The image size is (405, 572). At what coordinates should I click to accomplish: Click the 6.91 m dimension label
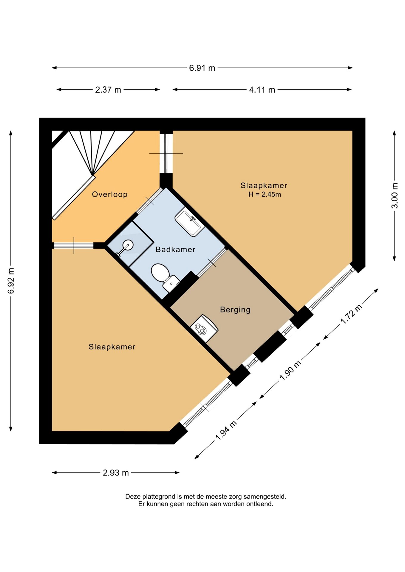click(x=202, y=68)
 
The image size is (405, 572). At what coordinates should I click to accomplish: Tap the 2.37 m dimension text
click(x=108, y=90)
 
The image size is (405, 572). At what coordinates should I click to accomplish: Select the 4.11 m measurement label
click(x=262, y=90)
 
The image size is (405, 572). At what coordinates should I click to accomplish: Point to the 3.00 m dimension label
click(x=395, y=195)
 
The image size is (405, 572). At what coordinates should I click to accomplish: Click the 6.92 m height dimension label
click(x=11, y=281)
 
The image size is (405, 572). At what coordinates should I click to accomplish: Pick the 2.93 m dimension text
click(x=116, y=473)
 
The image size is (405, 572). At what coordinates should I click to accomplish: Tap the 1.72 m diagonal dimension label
click(x=351, y=314)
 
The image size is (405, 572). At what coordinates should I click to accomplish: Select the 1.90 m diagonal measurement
click(x=290, y=371)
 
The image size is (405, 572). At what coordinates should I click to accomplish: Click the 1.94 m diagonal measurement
click(x=226, y=430)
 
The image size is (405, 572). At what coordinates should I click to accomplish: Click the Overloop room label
click(x=110, y=194)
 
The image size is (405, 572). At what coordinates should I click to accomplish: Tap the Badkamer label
click(x=175, y=249)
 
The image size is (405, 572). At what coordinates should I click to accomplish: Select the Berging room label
click(x=235, y=310)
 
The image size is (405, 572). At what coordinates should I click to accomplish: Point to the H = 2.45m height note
click(x=265, y=195)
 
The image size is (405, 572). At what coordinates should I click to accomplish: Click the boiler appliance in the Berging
click(x=204, y=328)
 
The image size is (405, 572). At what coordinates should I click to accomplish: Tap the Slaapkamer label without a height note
click(x=112, y=347)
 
